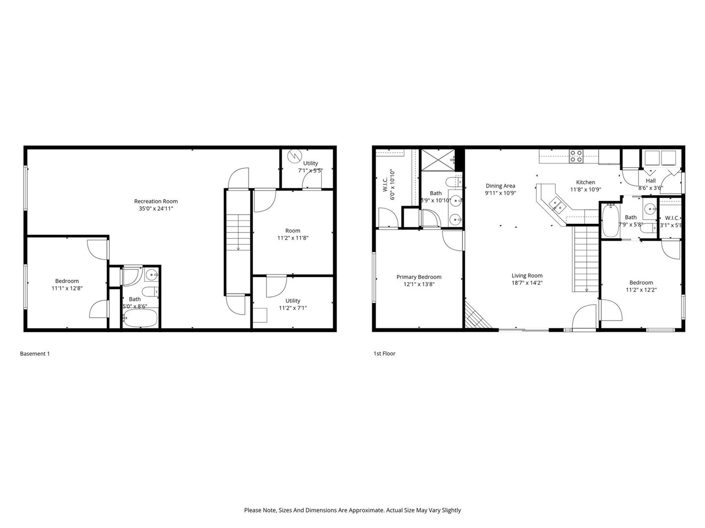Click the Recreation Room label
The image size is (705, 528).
[156, 201]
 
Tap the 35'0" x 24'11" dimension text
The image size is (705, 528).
[156, 209]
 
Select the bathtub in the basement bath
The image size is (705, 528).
[140, 318]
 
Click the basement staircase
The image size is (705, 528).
[237, 242]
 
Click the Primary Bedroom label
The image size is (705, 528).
[419, 277]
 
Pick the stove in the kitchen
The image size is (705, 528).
[576, 157]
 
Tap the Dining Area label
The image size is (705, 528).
[500, 186]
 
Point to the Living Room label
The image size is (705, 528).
[527, 276]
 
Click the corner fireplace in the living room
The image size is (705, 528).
[475, 318]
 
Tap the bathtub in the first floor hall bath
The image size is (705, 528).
[609, 220]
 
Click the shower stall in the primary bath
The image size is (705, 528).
[438, 159]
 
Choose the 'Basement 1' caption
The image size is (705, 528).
[35, 354]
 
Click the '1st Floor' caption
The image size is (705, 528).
[384, 354]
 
